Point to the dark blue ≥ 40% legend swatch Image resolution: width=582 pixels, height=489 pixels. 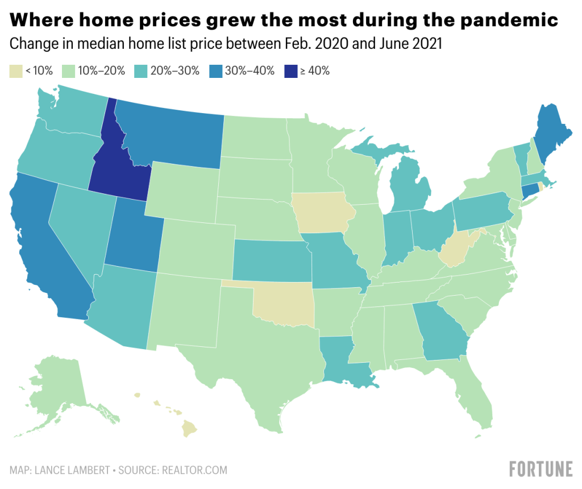[x=290, y=71]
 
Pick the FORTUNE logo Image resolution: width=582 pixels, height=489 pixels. [x=541, y=469]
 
